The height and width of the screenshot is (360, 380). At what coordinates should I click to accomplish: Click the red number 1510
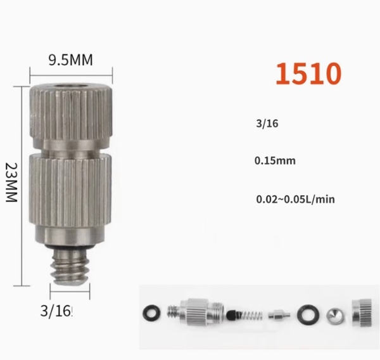[308, 74]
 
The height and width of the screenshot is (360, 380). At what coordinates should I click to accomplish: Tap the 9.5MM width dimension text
[70, 60]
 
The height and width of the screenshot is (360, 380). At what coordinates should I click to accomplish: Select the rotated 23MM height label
[11, 183]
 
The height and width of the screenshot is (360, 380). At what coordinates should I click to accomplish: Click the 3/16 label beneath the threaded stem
[56, 311]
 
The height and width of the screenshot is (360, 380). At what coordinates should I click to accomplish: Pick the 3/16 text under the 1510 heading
[267, 124]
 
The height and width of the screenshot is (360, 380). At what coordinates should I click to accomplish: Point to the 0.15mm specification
[275, 161]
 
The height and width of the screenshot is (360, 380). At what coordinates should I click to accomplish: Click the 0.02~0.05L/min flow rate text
[295, 200]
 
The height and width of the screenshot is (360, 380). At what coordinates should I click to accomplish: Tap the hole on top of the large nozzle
[71, 86]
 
